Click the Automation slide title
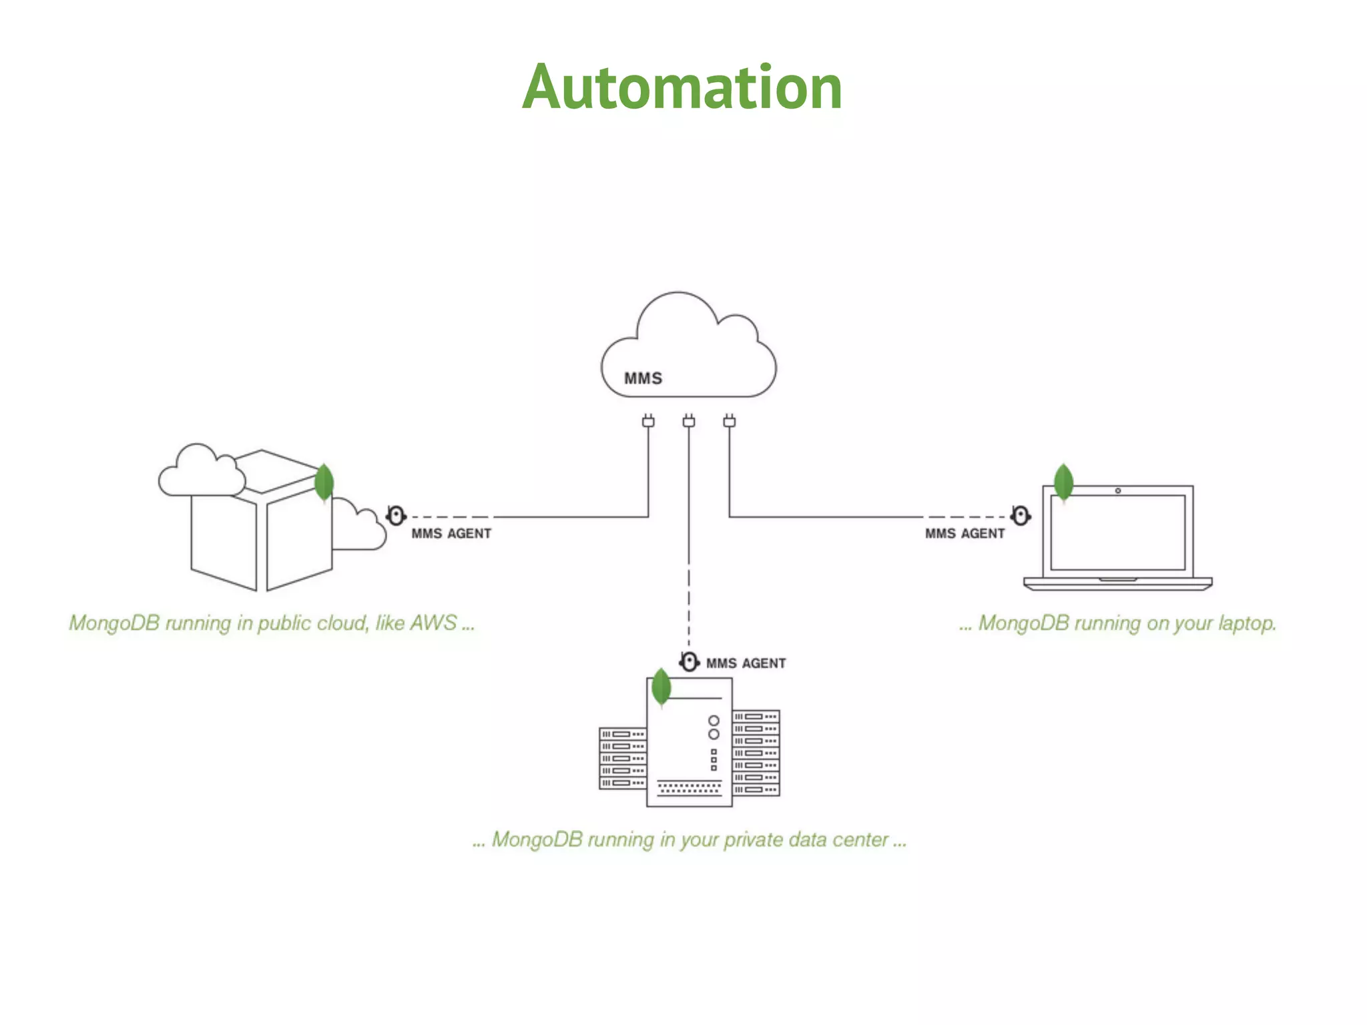[x=682, y=87]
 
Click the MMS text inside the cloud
[x=643, y=378]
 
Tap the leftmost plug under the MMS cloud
[x=648, y=421]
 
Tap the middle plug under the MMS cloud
[x=689, y=421]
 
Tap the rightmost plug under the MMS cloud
[x=730, y=421]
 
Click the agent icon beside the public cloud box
[x=396, y=516]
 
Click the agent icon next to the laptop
[x=1020, y=515]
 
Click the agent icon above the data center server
[x=689, y=662]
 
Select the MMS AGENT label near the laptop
[x=964, y=534]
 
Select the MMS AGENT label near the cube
[x=451, y=534]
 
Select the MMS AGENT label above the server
[x=746, y=663]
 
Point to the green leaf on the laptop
[x=1063, y=482]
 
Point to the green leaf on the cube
[x=324, y=482]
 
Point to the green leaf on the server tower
[x=661, y=687]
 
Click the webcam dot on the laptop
[x=1118, y=491]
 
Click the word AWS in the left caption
[x=433, y=623]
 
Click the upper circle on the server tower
[x=714, y=721]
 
